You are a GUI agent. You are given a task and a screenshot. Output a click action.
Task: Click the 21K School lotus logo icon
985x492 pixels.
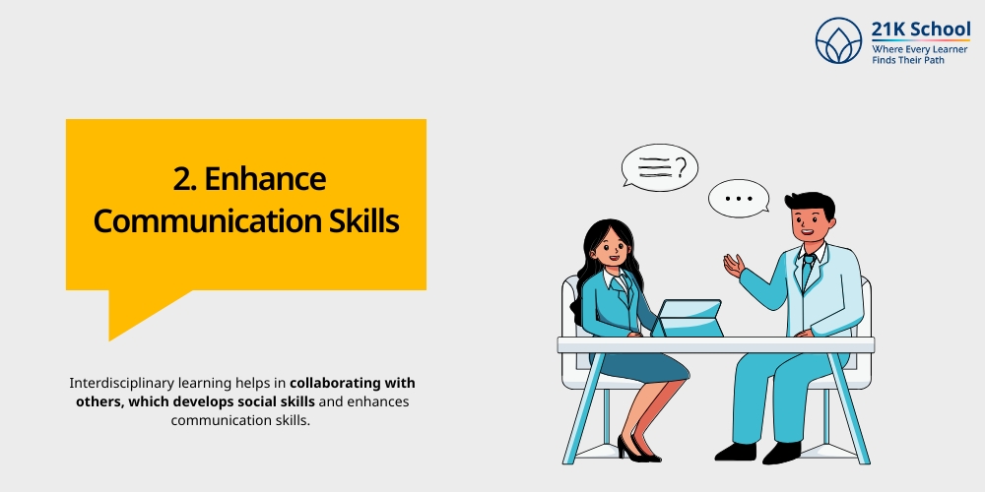pos(838,41)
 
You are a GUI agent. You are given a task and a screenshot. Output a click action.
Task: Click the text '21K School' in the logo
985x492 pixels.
pos(920,29)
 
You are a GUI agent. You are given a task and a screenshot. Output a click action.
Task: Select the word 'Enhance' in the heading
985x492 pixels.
pos(275,180)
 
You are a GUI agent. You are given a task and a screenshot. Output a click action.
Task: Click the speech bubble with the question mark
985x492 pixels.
pos(659,168)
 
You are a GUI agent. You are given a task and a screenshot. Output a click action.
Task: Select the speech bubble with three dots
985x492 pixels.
pos(738,199)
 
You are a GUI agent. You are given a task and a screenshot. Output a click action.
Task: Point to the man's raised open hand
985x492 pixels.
pos(733,266)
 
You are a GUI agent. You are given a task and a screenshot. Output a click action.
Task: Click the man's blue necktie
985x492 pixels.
pos(807,271)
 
